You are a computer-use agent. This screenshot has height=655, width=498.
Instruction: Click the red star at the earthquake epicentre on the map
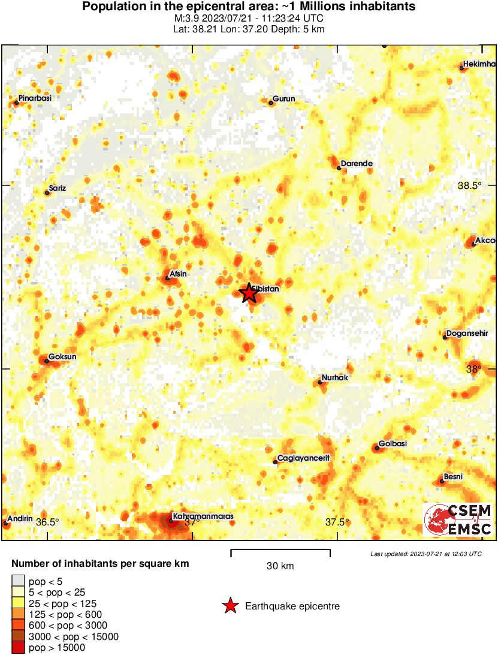pyautogui.click(x=248, y=293)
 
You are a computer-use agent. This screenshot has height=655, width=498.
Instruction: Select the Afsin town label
pyautogui.click(x=179, y=274)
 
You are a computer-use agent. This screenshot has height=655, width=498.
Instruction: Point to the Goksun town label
pyautogui.click(x=62, y=357)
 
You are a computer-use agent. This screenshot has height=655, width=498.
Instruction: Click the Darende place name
pyautogui.click(x=357, y=163)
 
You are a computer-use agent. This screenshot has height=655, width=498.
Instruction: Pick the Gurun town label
pyautogui.click(x=284, y=99)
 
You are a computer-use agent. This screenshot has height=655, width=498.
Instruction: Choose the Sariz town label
pyautogui.click(x=58, y=188)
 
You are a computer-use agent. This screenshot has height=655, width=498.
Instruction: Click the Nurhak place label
pyautogui.click(x=335, y=378)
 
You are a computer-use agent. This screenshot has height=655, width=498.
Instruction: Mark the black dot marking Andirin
pyautogui.click(x=5, y=523)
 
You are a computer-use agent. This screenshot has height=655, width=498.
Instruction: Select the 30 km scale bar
pyautogui.click(x=280, y=549)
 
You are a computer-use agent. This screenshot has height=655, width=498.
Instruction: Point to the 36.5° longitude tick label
pyautogui.click(x=48, y=522)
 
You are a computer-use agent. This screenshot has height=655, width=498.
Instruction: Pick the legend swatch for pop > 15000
pyautogui.click(x=19, y=647)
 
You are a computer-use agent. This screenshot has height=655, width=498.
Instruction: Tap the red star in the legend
pyautogui.click(x=230, y=606)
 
